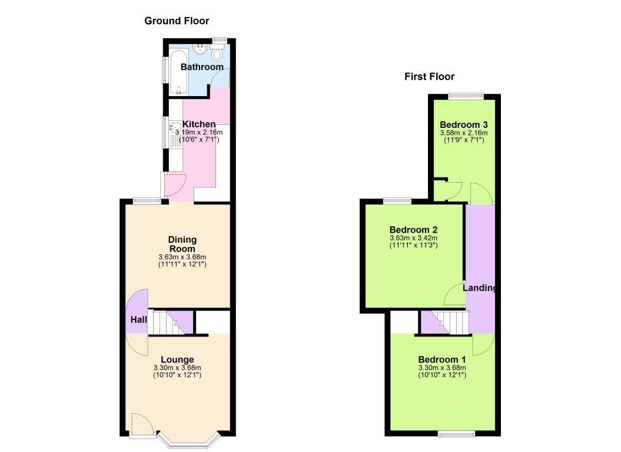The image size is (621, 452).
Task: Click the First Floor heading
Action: click(x=429, y=77)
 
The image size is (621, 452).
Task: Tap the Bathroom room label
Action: click(x=202, y=67)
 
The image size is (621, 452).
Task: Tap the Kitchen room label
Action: click(x=199, y=124)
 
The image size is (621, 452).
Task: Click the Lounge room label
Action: click(x=177, y=359)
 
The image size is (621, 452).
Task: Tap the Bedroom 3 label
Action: click(x=464, y=125)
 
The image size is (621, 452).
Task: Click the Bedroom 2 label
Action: click(x=413, y=230)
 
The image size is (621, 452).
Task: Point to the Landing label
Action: click(x=479, y=288)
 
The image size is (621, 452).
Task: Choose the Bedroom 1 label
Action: click(x=442, y=359)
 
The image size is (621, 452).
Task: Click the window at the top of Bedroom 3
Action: click(x=465, y=95)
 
